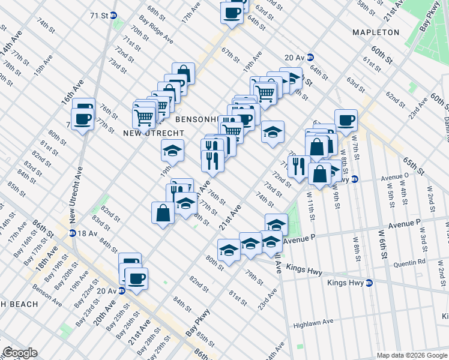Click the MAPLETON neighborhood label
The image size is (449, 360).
(x=376, y=32)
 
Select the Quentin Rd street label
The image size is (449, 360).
(x=409, y=262)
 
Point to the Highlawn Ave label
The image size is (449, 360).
(x=313, y=322)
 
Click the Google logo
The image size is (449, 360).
(x=20, y=353)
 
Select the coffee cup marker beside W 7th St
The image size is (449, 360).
(x=346, y=119)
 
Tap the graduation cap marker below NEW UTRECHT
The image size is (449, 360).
(x=172, y=149)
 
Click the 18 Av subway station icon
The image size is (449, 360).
(x=72, y=233)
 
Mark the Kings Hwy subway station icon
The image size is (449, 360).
(x=369, y=282)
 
